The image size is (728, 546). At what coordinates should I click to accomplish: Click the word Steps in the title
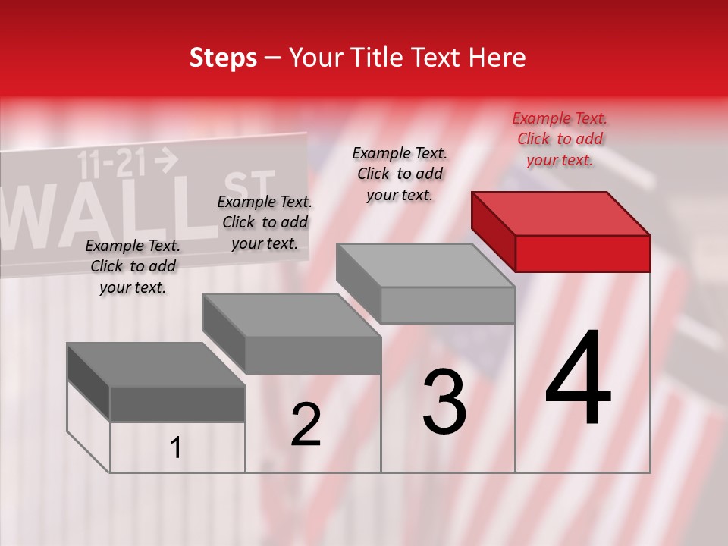223,58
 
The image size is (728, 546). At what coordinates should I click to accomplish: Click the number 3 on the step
444,402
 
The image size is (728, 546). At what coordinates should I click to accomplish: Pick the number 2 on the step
306,425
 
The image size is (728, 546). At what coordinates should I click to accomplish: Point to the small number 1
176,448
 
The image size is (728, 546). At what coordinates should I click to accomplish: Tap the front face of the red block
582,253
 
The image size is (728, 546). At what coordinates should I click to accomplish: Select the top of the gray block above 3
425,265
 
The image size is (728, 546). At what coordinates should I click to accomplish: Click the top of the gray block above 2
291,315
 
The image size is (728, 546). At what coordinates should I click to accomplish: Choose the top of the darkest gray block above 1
155,365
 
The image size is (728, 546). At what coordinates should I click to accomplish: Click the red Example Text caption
560,139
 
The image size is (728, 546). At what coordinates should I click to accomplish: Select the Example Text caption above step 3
400,174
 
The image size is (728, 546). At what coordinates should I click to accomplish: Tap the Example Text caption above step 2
265,222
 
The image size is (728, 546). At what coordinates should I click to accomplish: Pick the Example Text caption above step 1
133,266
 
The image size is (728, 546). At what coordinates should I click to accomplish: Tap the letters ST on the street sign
249,190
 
